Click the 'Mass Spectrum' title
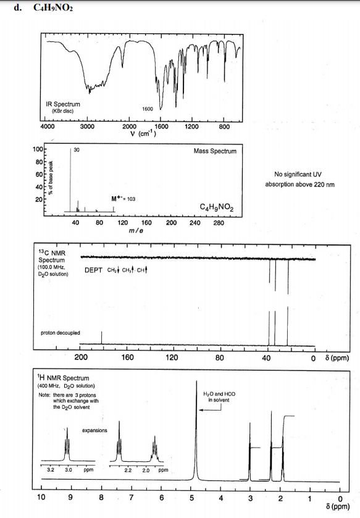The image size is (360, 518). tap(214, 150)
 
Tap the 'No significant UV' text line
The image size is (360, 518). tap(300, 174)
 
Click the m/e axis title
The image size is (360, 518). tap(136, 230)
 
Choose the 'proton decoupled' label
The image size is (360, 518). tap(60, 332)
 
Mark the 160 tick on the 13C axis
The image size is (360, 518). tap(127, 357)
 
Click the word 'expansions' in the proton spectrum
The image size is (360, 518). tap(94, 430)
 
